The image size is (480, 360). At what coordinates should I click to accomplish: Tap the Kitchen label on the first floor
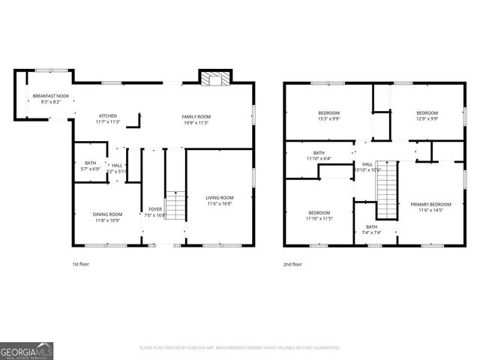point(108,116)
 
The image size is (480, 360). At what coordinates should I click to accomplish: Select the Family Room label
point(196,117)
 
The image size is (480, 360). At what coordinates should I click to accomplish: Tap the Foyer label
point(155,209)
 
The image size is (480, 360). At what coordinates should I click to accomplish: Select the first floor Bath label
point(90,163)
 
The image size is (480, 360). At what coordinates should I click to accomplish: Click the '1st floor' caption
point(81,264)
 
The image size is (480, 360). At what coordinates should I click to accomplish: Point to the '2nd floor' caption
point(292,264)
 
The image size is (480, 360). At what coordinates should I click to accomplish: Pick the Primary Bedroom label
point(430,204)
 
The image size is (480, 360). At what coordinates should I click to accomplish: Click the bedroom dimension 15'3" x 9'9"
point(329,118)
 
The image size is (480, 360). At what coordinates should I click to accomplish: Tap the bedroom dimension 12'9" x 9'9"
point(427,118)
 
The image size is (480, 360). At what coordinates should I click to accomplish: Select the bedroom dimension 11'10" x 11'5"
point(319,218)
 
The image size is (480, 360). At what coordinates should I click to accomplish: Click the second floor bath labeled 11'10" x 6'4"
point(319,158)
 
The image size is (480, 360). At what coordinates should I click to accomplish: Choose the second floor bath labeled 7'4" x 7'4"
point(372,232)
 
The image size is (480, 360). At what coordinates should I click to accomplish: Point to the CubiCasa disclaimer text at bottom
point(239,347)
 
